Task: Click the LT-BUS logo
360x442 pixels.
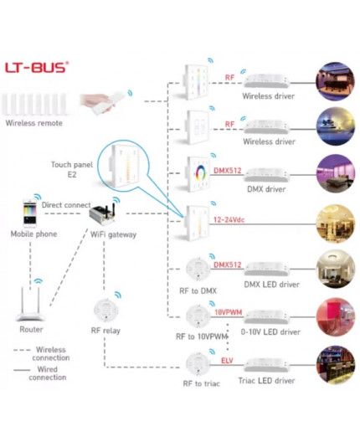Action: point(38,67)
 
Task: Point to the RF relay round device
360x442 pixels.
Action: point(106,308)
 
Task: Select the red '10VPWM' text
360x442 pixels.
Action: point(227,311)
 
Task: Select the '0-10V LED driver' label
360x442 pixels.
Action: point(270,332)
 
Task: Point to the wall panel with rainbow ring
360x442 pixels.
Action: point(198,172)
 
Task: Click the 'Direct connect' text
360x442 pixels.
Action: point(65,204)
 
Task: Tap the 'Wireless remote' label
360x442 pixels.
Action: point(33,123)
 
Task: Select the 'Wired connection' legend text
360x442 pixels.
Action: point(48,372)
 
